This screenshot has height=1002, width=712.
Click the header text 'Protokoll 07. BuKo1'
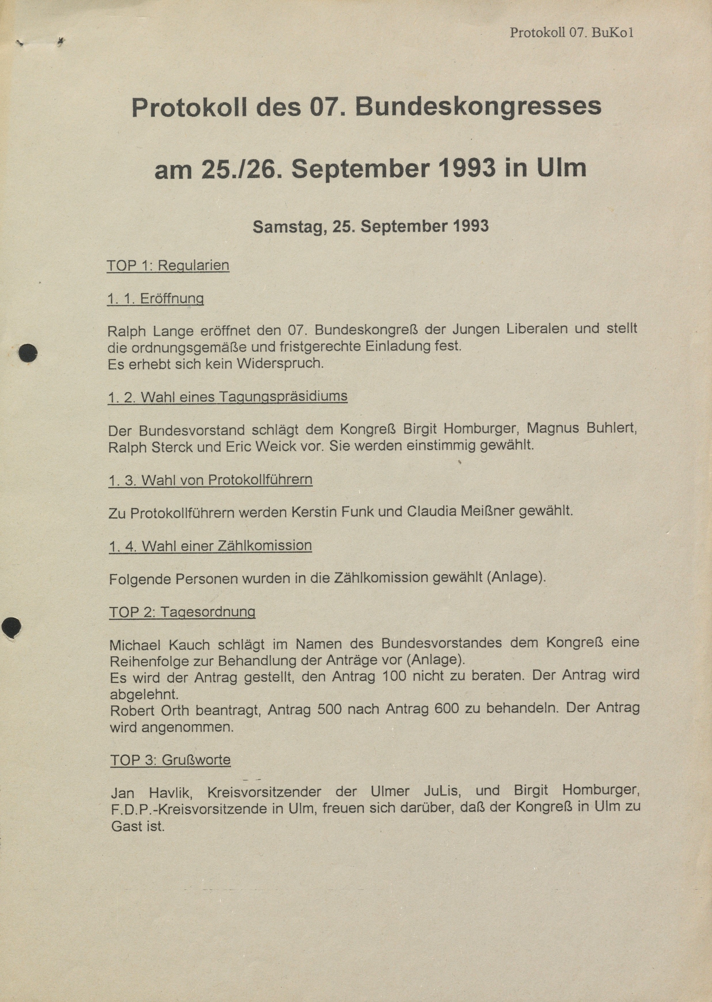(x=571, y=33)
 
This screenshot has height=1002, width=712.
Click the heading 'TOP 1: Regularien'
(x=168, y=266)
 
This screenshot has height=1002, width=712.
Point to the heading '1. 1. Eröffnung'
(x=156, y=299)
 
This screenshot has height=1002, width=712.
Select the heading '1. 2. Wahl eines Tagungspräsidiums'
(x=228, y=397)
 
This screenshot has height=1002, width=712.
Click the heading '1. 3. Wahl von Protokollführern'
(x=211, y=480)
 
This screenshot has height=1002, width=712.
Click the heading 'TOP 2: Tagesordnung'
(x=182, y=612)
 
